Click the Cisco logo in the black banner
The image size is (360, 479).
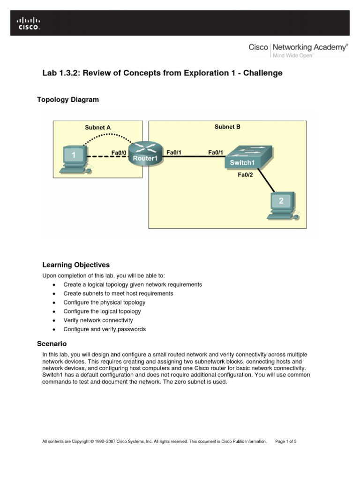pyautogui.click(x=29, y=23)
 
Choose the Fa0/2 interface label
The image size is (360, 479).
pyautogui.click(x=245, y=175)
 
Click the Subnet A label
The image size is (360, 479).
pyautogui.click(x=97, y=127)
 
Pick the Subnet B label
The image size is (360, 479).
pyautogui.click(x=227, y=126)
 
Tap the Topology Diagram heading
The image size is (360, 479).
pyautogui.click(x=68, y=100)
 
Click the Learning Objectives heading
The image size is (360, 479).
pyautogui.click(x=76, y=265)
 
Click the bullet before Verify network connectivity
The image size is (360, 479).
pyautogui.click(x=54, y=321)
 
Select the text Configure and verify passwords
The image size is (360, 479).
pyautogui.click(x=105, y=329)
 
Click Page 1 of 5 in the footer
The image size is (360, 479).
pyautogui.click(x=286, y=441)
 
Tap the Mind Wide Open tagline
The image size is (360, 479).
pyautogui.click(x=292, y=55)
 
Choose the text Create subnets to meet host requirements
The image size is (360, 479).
pyautogui.click(x=118, y=294)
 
